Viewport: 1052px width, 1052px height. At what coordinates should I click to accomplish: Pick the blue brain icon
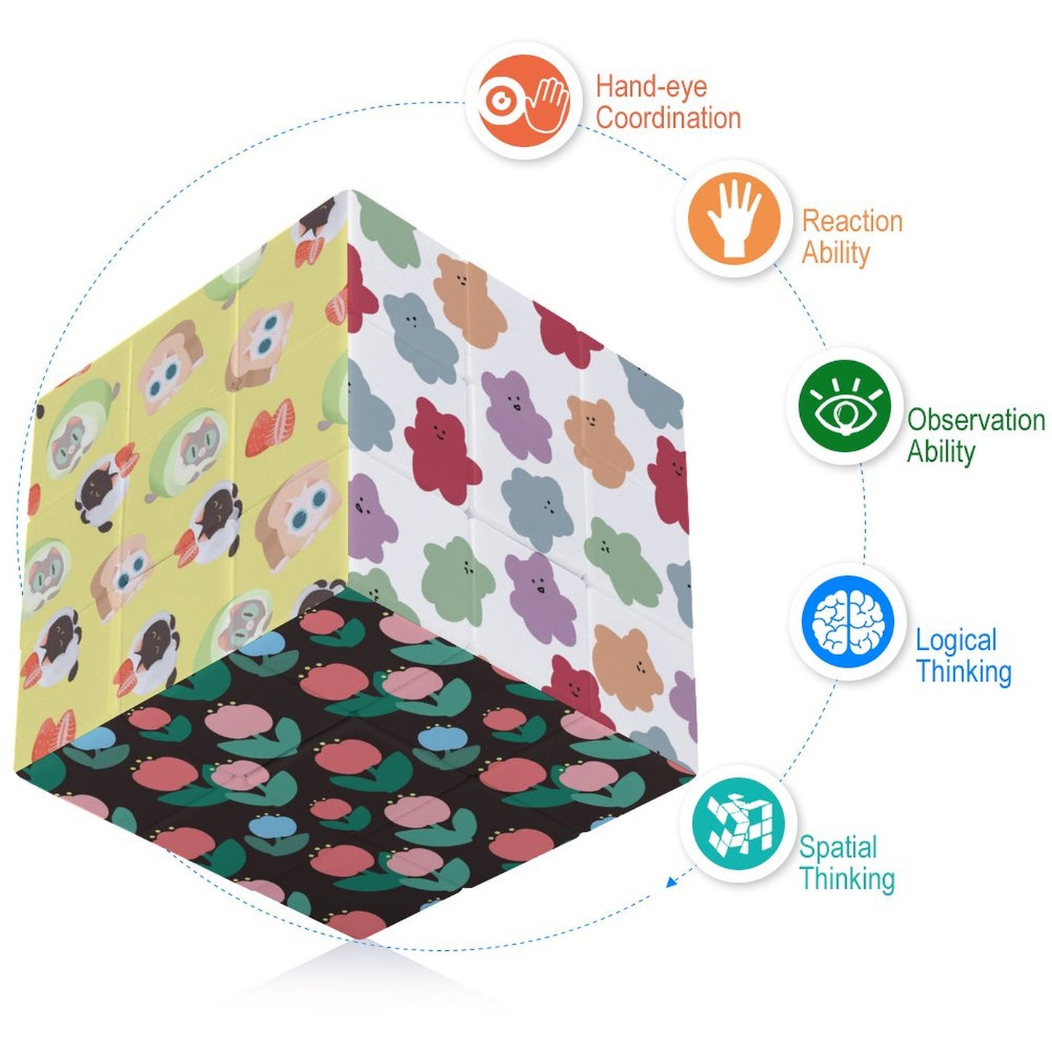[848, 623]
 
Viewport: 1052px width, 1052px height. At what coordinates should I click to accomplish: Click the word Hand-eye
[652, 87]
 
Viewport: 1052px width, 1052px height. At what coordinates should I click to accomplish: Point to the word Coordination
[668, 119]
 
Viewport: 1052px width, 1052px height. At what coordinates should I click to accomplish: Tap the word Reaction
[853, 221]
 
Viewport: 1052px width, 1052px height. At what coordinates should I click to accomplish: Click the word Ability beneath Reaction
[836, 253]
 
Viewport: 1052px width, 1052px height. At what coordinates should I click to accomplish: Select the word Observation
[976, 420]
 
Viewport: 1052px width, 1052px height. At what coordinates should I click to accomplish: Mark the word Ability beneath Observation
[941, 452]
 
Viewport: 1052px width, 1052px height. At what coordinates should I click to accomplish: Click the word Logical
[956, 641]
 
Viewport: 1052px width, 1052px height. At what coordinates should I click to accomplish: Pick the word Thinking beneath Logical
[964, 672]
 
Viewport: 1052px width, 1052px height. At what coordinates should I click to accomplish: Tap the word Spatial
[838, 847]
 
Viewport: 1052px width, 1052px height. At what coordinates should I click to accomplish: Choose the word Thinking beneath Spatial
[847, 879]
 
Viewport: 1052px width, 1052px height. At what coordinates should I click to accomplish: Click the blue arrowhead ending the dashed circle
[671, 882]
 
